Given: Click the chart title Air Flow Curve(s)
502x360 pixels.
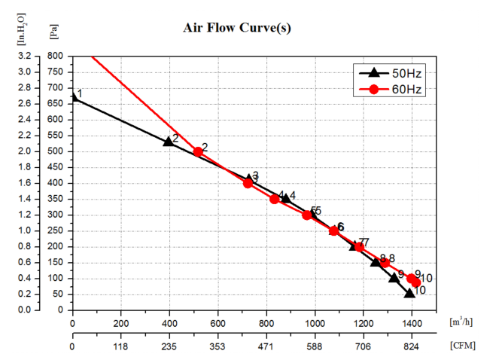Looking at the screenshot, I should [x=237, y=28].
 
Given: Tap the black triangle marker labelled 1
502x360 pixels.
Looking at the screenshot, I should [x=73, y=98].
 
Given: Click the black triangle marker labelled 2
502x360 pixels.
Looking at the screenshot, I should [x=169, y=141].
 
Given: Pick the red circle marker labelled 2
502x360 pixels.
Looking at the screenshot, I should [x=198, y=151].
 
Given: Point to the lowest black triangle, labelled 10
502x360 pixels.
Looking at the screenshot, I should [x=409, y=292].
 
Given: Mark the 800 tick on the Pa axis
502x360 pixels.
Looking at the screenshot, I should [x=53, y=56].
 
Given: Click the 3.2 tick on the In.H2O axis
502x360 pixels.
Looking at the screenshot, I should [x=24, y=56].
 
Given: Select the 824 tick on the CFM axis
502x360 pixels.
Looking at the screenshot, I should [x=411, y=347].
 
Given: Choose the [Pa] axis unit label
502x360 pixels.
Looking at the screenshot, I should [x=53, y=32].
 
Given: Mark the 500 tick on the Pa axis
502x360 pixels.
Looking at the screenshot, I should [x=53, y=151].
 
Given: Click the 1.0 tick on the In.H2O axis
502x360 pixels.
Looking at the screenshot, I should [x=24, y=230].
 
